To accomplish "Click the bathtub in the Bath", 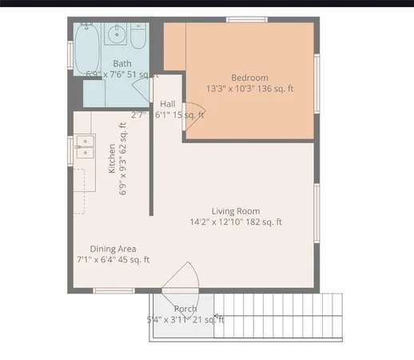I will [87, 40].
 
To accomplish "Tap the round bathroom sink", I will [117, 34].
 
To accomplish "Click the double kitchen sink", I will [84, 147].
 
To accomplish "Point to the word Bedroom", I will [249, 78].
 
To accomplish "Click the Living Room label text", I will [235, 211].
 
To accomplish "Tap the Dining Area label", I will [112, 249].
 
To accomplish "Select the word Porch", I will [185, 309].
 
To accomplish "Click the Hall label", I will [168, 104].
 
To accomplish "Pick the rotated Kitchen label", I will [112, 158].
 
